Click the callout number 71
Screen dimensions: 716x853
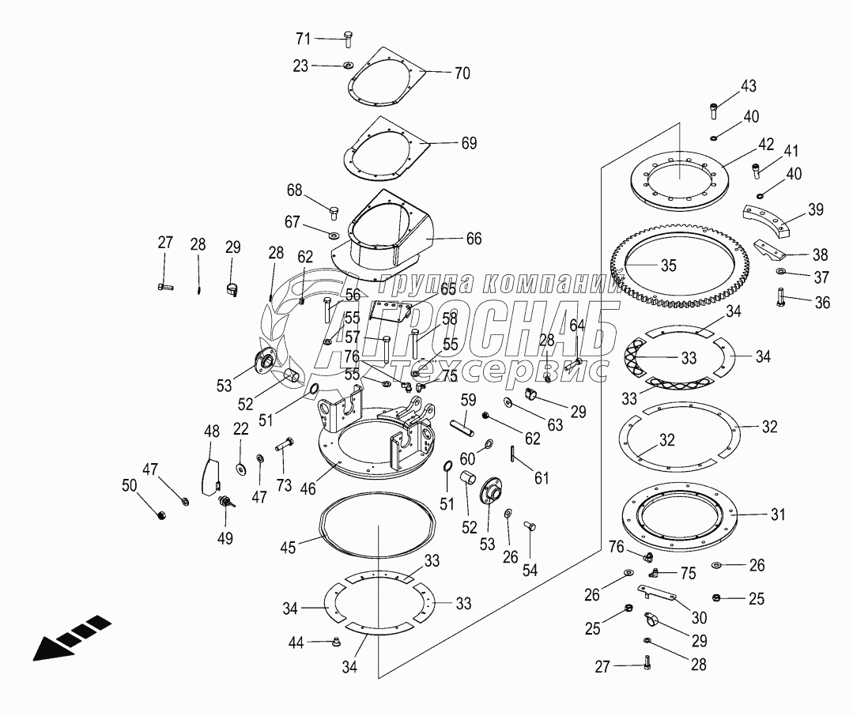pyautogui.click(x=304, y=38)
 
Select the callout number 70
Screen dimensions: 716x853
pyautogui.click(x=462, y=73)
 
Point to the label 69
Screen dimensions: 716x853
pyautogui.click(x=469, y=143)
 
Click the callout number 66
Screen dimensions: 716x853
pyautogui.click(x=474, y=238)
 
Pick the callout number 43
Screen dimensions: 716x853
pyautogui.click(x=748, y=85)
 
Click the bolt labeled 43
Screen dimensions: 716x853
pyautogui.click(x=715, y=107)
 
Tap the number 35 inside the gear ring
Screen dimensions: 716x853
pyautogui.click(x=669, y=266)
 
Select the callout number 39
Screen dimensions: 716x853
pyautogui.click(x=814, y=209)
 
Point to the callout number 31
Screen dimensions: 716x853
pyautogui.click(x=778, y=514)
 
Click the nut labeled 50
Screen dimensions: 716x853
pyautogui.click(x=162, y=516)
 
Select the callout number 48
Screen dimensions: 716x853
pyautogui.click(x=211, y=431)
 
